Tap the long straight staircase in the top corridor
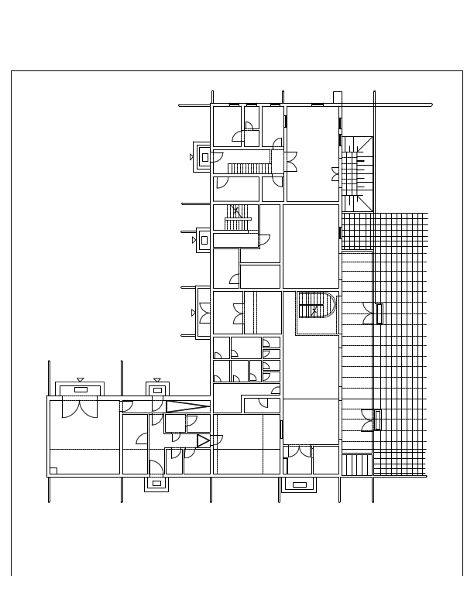pos(248,168)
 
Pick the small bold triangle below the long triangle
pos(203,441)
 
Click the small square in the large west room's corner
pos(53,470)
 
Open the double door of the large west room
pos(81,408)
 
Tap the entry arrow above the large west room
pos(81,379)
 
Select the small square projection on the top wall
pos(337,97)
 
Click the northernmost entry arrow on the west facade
pos(192,157)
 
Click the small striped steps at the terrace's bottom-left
pos(357,464)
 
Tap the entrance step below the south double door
pos(297,485)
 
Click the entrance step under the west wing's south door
pos(156,484)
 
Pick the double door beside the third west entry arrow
pos(204,313)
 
